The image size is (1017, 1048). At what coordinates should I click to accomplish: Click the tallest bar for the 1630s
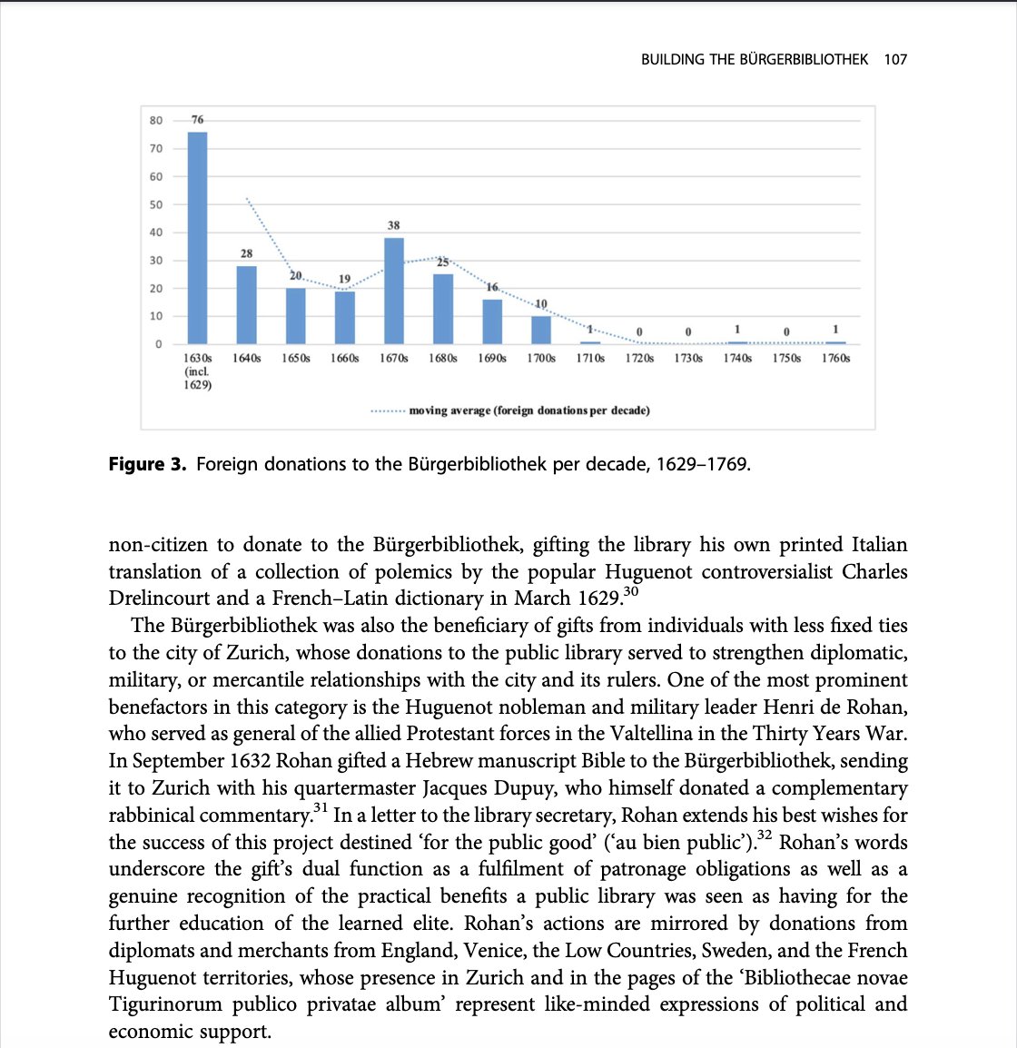point(197,238)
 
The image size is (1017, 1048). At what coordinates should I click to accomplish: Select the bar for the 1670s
point(394,291)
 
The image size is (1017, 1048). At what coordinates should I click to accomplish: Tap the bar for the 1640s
point(246,305)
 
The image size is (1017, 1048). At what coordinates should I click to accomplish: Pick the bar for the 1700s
point(541,331)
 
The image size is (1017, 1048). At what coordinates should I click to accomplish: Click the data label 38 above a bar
point(393,225)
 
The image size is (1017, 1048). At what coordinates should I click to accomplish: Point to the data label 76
point(197,120)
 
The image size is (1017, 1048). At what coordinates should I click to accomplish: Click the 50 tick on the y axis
point(156,204)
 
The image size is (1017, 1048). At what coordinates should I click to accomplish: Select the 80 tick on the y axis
point(156,120)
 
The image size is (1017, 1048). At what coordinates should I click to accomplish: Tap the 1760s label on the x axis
point(835,359)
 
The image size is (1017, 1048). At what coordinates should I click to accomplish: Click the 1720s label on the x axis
point(639,359)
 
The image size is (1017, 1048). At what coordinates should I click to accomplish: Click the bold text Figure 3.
point(147,465)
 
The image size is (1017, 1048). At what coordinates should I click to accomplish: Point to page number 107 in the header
point(895,60)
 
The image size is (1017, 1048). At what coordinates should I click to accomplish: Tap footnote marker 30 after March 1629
point(632,592)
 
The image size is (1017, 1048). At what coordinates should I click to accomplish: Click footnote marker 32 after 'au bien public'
point(765,835)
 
